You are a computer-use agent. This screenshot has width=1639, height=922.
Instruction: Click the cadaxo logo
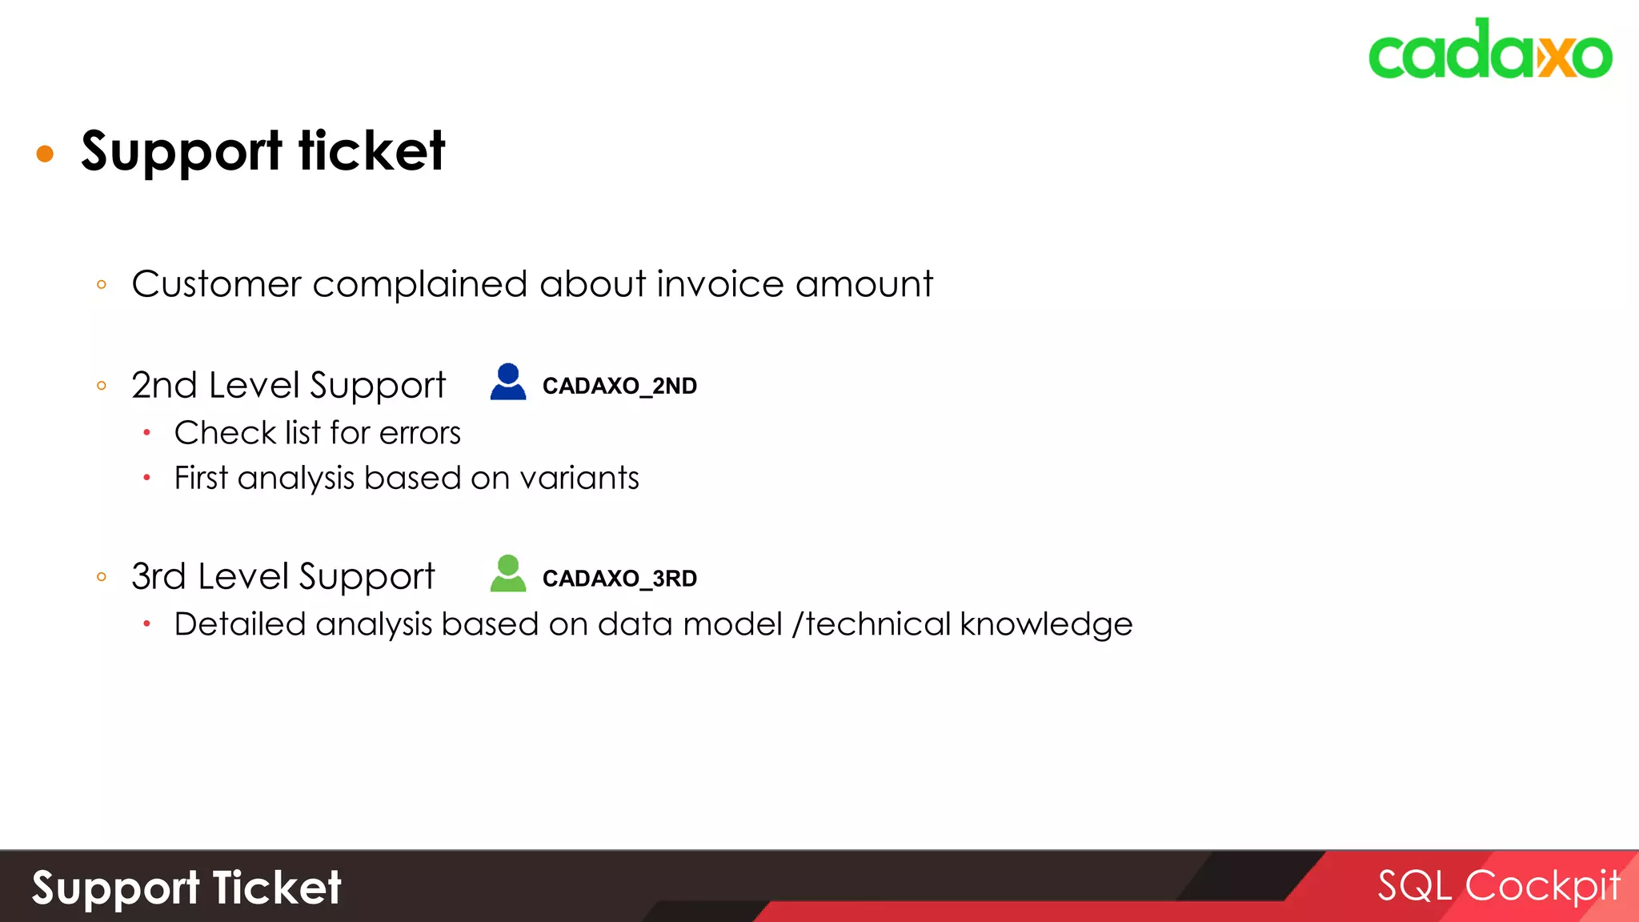[1489, 50]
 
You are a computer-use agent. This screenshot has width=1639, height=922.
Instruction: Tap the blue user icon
[508, 382]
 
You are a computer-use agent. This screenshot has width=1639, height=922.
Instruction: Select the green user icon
[508, 573]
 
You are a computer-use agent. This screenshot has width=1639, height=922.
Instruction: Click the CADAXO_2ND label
[619, 386]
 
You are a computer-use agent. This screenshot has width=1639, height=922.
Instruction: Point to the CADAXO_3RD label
[619, 578]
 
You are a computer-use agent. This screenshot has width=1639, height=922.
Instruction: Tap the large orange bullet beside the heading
[45, 153]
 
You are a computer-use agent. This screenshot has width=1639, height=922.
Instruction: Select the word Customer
[217, 284]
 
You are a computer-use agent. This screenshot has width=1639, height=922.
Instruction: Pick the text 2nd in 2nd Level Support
[164, 385]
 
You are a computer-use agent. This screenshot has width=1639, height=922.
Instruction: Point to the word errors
[420, 433]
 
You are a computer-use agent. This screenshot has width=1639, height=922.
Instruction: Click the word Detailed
[240, 624]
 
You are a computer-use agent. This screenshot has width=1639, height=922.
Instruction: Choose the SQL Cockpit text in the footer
[1498, 886]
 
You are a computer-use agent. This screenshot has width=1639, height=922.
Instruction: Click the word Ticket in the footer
[277, 888]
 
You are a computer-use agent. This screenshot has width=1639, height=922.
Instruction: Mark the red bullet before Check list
[147, 433]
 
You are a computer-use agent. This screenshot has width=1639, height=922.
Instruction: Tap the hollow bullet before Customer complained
[102, 284]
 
